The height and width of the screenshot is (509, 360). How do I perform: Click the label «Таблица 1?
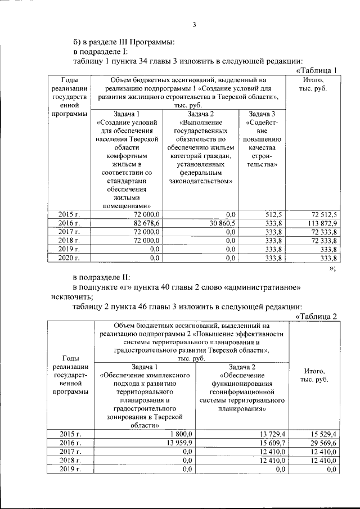pos(316,70)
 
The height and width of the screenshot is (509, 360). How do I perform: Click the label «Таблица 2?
pos(316,316)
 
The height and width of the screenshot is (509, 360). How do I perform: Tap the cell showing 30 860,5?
pos(221,223)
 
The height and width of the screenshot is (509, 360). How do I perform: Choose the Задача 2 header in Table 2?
pos(242,367)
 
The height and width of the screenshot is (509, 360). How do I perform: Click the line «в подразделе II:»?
pos(102,278)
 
